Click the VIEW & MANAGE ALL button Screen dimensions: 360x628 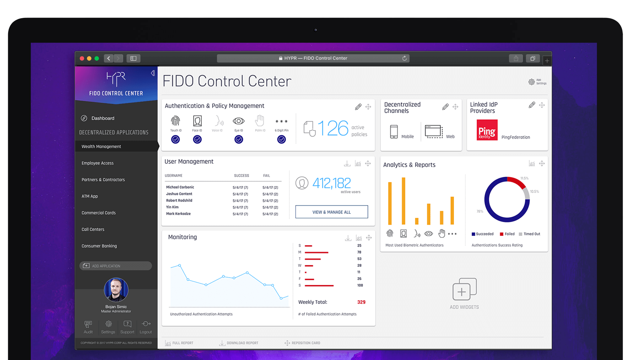tap(332, 212)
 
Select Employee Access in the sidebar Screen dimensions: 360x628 tap(98, 163)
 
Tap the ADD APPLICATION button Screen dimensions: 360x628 tap(116, 266)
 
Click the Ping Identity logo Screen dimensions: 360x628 tap(487, 130)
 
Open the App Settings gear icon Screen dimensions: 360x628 tap(531, 82)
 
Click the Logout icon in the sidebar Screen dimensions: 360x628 tap(146, 324)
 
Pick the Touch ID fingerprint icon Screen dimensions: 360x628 tap(176, 121)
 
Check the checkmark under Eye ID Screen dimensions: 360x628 tap(239, 139)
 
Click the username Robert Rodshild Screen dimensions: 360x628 tap(179, 200)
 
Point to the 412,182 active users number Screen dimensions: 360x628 tap(332, 183)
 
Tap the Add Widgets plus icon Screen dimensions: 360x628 tap(464, 289)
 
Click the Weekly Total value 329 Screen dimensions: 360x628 tap(361, 302)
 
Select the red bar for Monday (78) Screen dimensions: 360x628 tap(316, 252)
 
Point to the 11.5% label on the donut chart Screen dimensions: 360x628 tap(524, 178)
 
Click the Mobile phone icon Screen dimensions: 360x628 tap(394, 132)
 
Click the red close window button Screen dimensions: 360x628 tap(82, 58)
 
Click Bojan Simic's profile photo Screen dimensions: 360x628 tap(116, 290)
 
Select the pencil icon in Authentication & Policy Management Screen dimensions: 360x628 tap(358, 107)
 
